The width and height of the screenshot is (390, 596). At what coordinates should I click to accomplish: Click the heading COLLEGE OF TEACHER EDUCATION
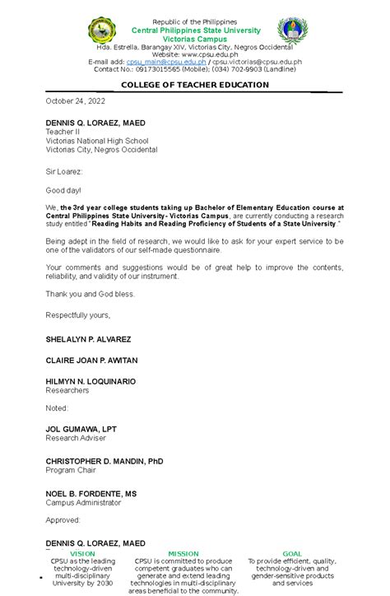pyautogui.click(x=195, y=85)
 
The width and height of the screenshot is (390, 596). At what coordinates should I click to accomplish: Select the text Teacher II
pyautogui.click(x=62, y=132)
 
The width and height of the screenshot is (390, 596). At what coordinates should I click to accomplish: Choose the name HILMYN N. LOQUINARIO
pyautogui.click(x=91, y=381)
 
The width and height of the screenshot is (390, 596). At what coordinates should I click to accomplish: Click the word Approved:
pyautogui.click(x=63, y=519)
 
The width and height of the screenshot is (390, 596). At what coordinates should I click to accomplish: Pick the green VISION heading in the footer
pyautogui.click(x=81, y=554)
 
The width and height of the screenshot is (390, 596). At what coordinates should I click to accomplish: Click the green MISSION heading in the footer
pyautogui.click(x=183, y=554)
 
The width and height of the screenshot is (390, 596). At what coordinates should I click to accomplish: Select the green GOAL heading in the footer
pyautogui.click(x=292, y=554)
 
